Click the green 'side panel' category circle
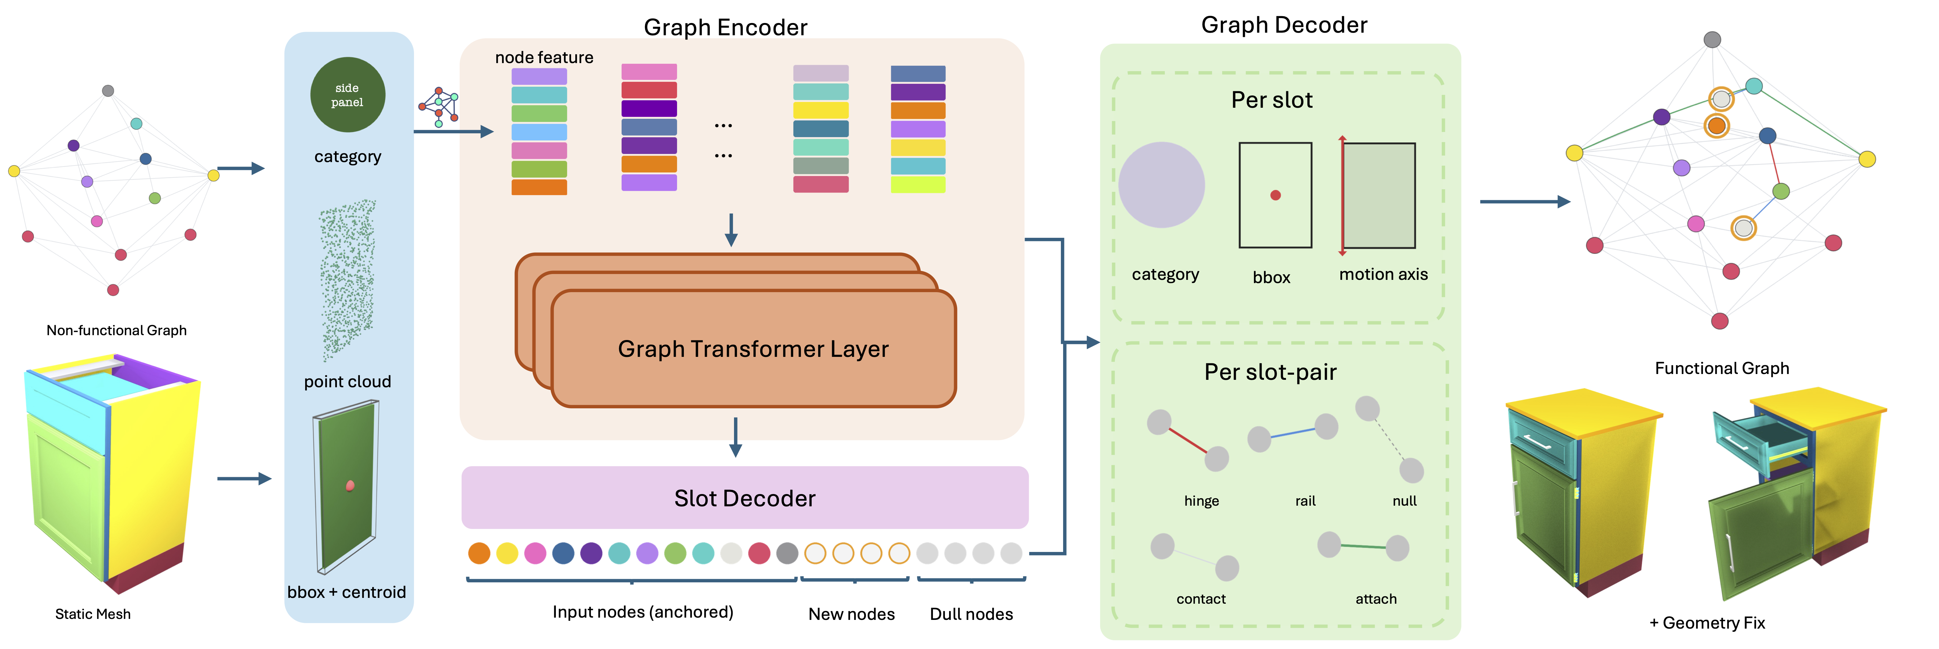(x=348, y=95)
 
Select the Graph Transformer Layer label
(x=753, y=349)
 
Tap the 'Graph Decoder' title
(x=1284, y=25)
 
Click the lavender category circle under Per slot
(x=1162, y=185)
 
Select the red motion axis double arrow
(x=1342, y=195)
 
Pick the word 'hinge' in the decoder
(x=1201, y=501)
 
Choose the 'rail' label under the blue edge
(x=1305, y=501)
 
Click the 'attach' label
(x=1376, y=599)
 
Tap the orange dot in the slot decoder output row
(x=479, y=554)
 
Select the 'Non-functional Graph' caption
(x=117, y=330)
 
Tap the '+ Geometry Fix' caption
(x=1707, y=623)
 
